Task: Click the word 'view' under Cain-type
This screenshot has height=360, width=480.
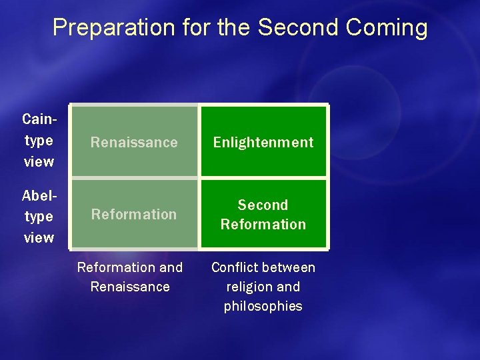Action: (x=39, y=161)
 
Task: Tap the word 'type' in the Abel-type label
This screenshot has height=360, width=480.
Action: (x=39, y=217)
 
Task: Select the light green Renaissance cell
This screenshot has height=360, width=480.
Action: (x=134, y=142)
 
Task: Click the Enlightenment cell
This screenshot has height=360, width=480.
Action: (x=263, y=142)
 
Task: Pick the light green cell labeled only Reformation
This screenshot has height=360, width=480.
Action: (x=134, y=214)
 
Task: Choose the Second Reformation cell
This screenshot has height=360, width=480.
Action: (x=263, y=214)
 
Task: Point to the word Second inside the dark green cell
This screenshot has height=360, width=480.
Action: (x=263, y=205)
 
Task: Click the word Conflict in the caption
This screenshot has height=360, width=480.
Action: (x=235, y=267)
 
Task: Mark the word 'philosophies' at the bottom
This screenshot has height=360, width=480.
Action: (x=263, y=306)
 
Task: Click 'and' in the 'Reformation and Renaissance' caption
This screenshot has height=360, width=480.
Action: (x=170, y=267)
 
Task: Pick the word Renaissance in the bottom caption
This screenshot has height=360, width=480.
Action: (x=130, y=287)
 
